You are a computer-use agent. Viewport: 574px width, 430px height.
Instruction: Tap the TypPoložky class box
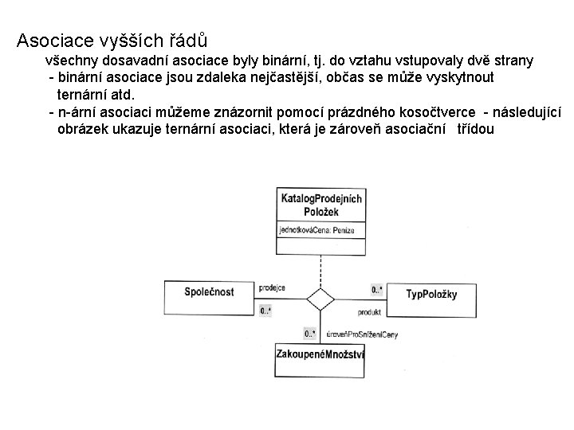coord(431,294)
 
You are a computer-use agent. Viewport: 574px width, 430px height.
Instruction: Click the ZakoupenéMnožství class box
coord(320,354)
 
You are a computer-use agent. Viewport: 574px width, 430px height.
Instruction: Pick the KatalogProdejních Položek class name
coord(320,205)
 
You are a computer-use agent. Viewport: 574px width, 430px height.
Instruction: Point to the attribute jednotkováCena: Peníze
coord(317,230)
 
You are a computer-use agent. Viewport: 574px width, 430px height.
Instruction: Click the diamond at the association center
coord(320,299)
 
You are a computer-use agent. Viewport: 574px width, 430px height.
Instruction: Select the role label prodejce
coord(273,288)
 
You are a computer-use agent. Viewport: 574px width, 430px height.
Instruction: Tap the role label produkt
coord(369,312)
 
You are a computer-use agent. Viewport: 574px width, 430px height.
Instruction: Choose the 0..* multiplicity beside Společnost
coord(265,311)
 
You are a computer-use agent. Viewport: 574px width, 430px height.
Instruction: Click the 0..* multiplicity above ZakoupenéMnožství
coord(309,333)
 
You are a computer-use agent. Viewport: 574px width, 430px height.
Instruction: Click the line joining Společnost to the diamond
coord(283,299)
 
